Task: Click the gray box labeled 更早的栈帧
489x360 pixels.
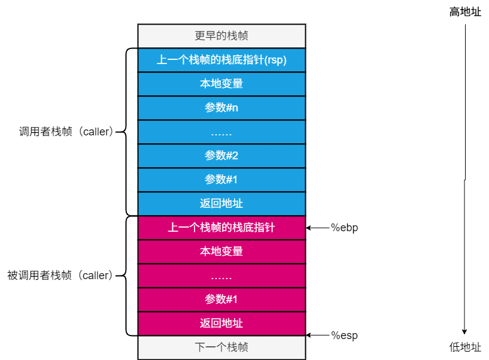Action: click(x=221, y=36)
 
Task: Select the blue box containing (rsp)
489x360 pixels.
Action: click(x=221, y=60)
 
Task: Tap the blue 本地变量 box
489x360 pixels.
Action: click(x=221, y=84)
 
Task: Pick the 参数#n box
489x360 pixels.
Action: click(x=221, y=108)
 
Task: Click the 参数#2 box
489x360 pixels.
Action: click(x=221, y=156)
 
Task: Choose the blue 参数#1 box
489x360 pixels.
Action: click(x=221, y=180)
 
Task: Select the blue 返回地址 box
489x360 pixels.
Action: click(x=221, y=204)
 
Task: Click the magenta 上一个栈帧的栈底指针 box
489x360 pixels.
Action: click(x=221, y=228)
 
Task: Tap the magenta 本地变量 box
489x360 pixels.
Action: click(x=221, y=252)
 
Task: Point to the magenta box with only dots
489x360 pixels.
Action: click(x=221, y=276)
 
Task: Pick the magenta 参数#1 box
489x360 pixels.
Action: click(x=221, y=300)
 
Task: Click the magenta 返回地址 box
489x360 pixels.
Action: click(x=221, y=323)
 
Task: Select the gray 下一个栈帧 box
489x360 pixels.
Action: click(x=221, y=347)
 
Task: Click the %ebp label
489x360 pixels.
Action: click(x=344, y=228)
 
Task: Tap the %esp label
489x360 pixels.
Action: click(x=344, y=335)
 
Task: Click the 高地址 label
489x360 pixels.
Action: click(x=465, y=12)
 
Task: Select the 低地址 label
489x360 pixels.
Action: click(x=465, y=347)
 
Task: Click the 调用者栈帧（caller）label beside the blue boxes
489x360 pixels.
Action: click(x=66, y=132)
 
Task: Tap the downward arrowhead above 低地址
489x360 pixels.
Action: click(x=464, y=332)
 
